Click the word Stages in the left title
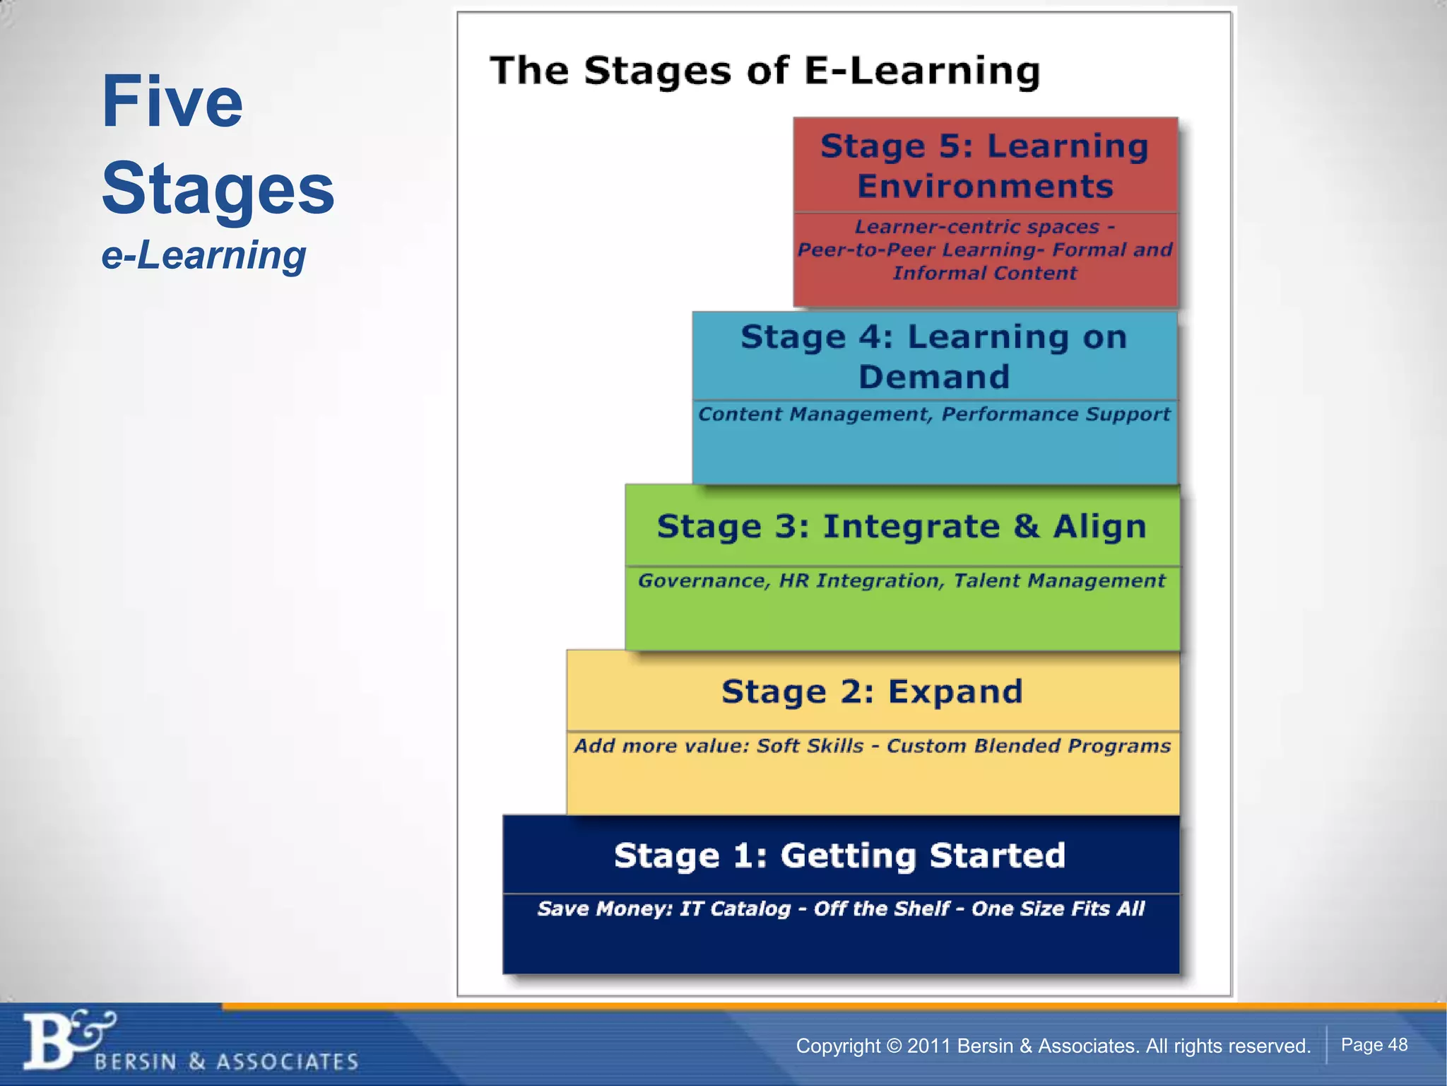(x=218, y=189)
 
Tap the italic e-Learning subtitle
(x=203, y=255)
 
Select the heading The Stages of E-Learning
(x=764, y=71)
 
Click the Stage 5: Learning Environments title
(x=984, y=166)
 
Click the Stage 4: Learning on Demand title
(x=933, y=356)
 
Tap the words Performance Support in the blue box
(x=1056, y=414)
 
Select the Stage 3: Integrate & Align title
(x=901, y=527)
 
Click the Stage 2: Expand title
(x=872, y=691)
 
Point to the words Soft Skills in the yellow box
(x=810, y=746)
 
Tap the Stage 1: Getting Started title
(x=839, y=856)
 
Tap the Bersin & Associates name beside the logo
(x=226, y=1061)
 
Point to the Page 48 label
(x=1374, y=1044)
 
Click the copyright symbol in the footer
(x=894, y=1046)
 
